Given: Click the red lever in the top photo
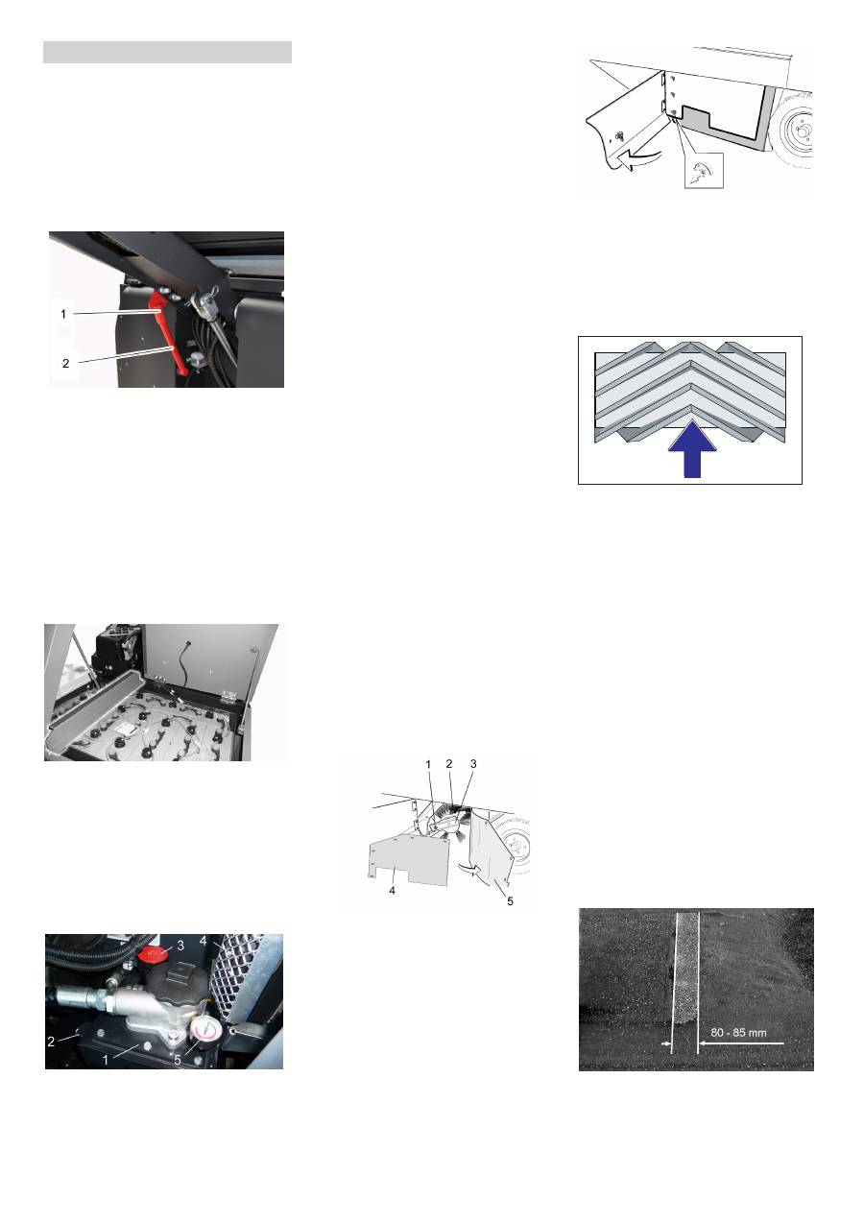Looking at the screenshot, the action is pyautogui.click(x=170, y=333).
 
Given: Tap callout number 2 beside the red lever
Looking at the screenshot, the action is pyautogui.click(x=66, y=363).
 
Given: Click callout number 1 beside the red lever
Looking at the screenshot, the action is pyautogui.click(x=63, y=314).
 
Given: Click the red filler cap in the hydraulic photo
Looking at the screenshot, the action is pyautogui.click(x=154, y=954).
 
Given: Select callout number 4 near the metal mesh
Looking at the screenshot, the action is pyautogui.click(x=204, y=941).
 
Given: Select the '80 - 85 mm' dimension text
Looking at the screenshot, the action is pyautogui.click(x=738, y=1032).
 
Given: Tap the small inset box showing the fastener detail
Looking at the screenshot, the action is pyautogui.click(x=704, y=170).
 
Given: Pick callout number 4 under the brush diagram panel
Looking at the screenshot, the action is pyautogui.click(x=392, y=891).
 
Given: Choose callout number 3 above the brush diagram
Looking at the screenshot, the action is pyautogui.click(x=473, y=764).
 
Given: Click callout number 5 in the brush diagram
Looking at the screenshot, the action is pyautogui.click(x=510, y=901).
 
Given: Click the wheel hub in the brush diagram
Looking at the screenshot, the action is pyautogui.click(x=515, y=845).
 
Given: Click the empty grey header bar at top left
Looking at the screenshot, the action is pyautogui.click(x=167, y=53).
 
